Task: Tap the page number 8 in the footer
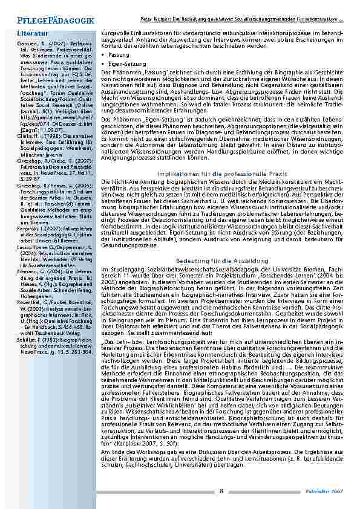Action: coord(221,491)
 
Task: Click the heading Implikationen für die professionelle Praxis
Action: coord(222,156)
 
